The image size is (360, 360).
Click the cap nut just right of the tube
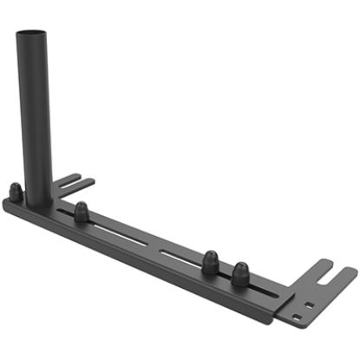tap(81, 211)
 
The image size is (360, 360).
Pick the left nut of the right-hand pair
tap(209, 262)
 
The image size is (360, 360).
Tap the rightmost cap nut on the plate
tap(239, 272)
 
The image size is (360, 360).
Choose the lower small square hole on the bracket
tap(298, 317)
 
